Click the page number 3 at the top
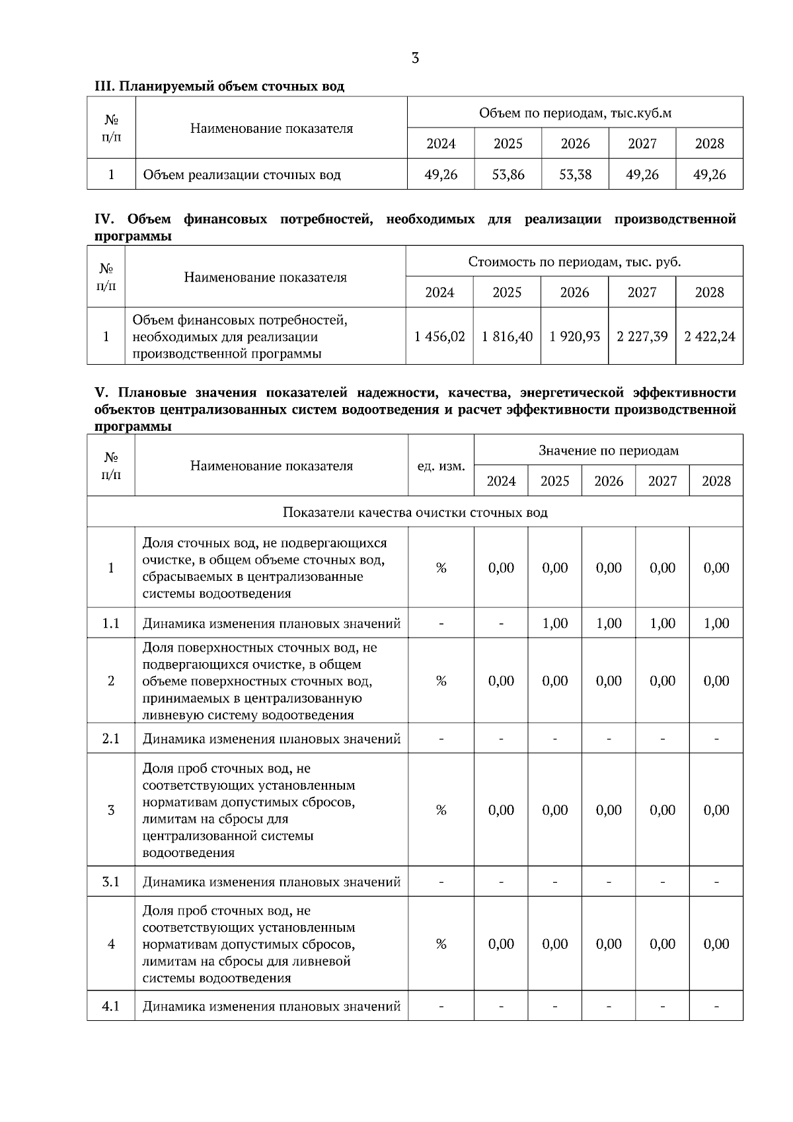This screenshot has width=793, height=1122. click(415, 58)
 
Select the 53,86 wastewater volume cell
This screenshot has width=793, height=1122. click(508, 174)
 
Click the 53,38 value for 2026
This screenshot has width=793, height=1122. click(575, 174)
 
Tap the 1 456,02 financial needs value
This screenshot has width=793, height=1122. click(439, 336)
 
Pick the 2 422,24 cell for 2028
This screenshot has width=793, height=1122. click(709, 336)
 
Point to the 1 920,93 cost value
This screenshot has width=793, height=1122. click(574, 336)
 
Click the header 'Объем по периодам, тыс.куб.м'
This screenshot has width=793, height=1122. click(575, 113)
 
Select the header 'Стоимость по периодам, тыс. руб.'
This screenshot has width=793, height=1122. click(574, 262)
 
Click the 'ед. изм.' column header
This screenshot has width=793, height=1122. click(441, 466)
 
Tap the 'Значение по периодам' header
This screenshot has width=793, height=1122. click(608, 451)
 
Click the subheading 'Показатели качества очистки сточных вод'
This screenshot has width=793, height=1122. click(415, 512)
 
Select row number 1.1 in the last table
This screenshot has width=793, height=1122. click(111, 623)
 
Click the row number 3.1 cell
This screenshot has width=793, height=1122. click(111, 881)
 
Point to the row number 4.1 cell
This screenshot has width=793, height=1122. click(111, 1006)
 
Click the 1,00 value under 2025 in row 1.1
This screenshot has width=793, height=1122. click(554, 623)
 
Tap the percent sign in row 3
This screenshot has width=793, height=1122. click(441, 810)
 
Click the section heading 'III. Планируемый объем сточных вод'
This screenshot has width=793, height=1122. click(219, 87)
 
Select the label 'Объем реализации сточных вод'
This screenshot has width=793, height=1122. click(242, 175)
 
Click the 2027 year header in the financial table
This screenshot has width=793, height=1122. click(642, 292)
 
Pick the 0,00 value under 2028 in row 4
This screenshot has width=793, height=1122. click(716, 944)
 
